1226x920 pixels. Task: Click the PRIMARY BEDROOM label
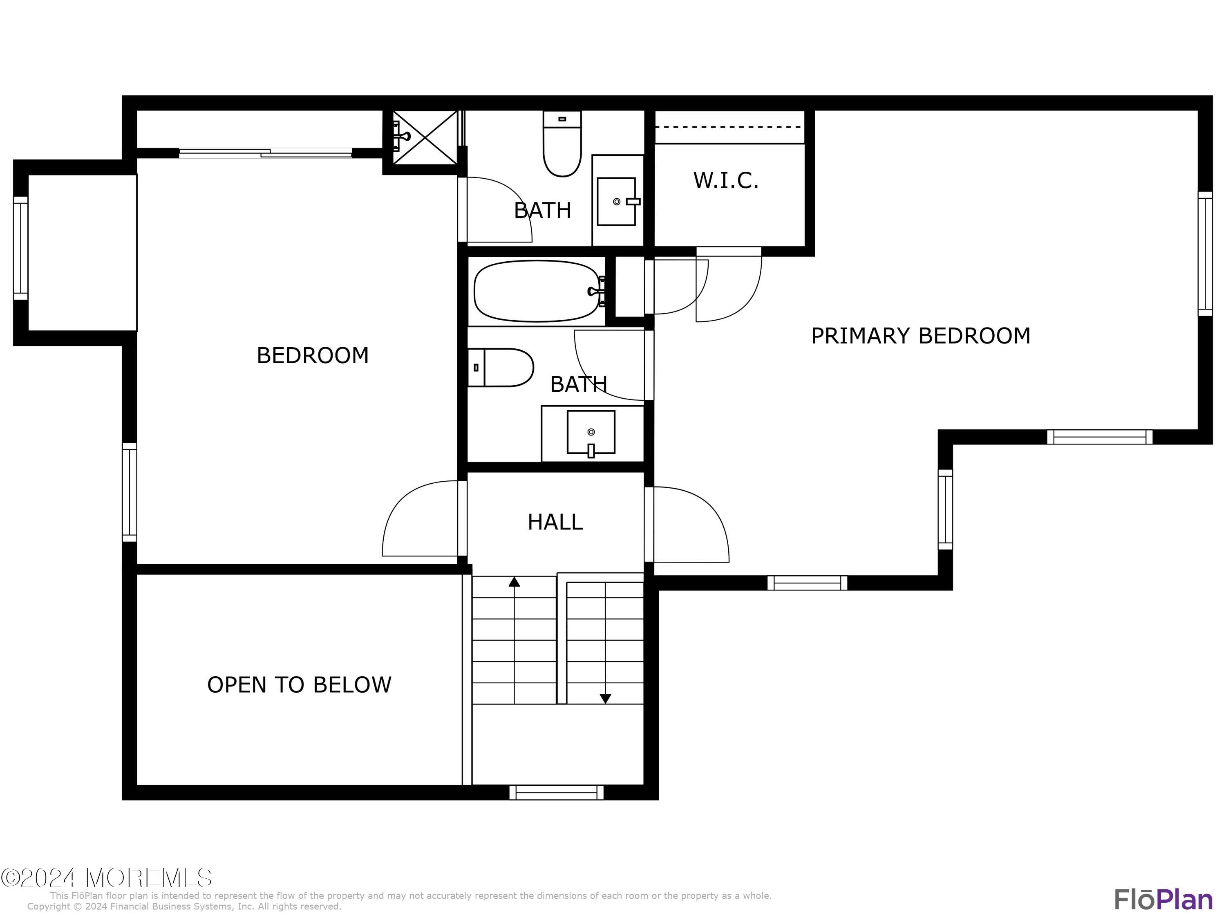tap(920, 336)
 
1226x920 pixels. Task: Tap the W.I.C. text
tap(725, 181)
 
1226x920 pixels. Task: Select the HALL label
tap(555, 522)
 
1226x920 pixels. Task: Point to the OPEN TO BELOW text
tap(299, 685)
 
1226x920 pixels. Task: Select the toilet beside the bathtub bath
tap(501, 367)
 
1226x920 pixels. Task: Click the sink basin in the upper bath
tap(616, 201)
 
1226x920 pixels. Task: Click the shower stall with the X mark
tap(425, 137)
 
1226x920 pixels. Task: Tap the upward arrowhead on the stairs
tap(515, 582)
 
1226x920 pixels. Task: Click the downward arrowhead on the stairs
tap(605, 699)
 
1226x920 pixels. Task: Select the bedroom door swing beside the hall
tap(418, 519)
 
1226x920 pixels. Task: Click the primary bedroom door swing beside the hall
tap(691, 525)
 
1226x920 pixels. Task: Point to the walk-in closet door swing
tap(729, 285)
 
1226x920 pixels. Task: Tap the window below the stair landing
tap(557, 792)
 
